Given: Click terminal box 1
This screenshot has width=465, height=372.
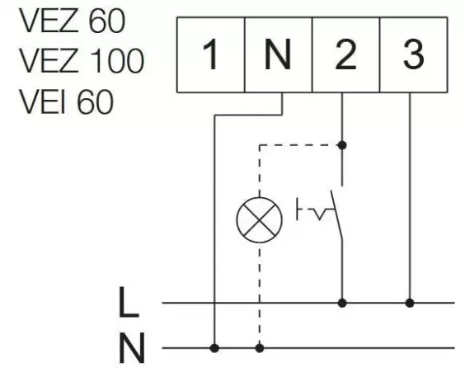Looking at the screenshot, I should pyautogui.click(x=211, y=56).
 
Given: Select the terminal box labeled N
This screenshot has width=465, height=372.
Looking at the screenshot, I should pyautogui.click(x=279, y=56).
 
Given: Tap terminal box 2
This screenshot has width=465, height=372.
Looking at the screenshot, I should pyautogui.click(x=346, y=56).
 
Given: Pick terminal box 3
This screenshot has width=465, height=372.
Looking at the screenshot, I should pyautogui.click(x=414, y=56).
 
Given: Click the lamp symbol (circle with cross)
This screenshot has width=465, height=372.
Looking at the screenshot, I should pyautogui.click(x=260, y=219).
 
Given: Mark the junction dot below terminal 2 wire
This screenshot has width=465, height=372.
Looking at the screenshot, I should pyautogui.click(x=342, y=145).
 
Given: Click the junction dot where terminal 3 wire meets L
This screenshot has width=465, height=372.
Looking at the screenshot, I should pyautogui.click(x=411, y=303).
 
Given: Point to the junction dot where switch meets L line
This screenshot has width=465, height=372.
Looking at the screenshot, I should pyautogui.click(x=342, y=303).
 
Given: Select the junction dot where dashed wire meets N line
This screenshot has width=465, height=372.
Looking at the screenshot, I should pyautogui.click(x=260, y=347).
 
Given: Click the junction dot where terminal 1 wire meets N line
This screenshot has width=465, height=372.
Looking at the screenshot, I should pyautogui.click(x=214, y=347).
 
